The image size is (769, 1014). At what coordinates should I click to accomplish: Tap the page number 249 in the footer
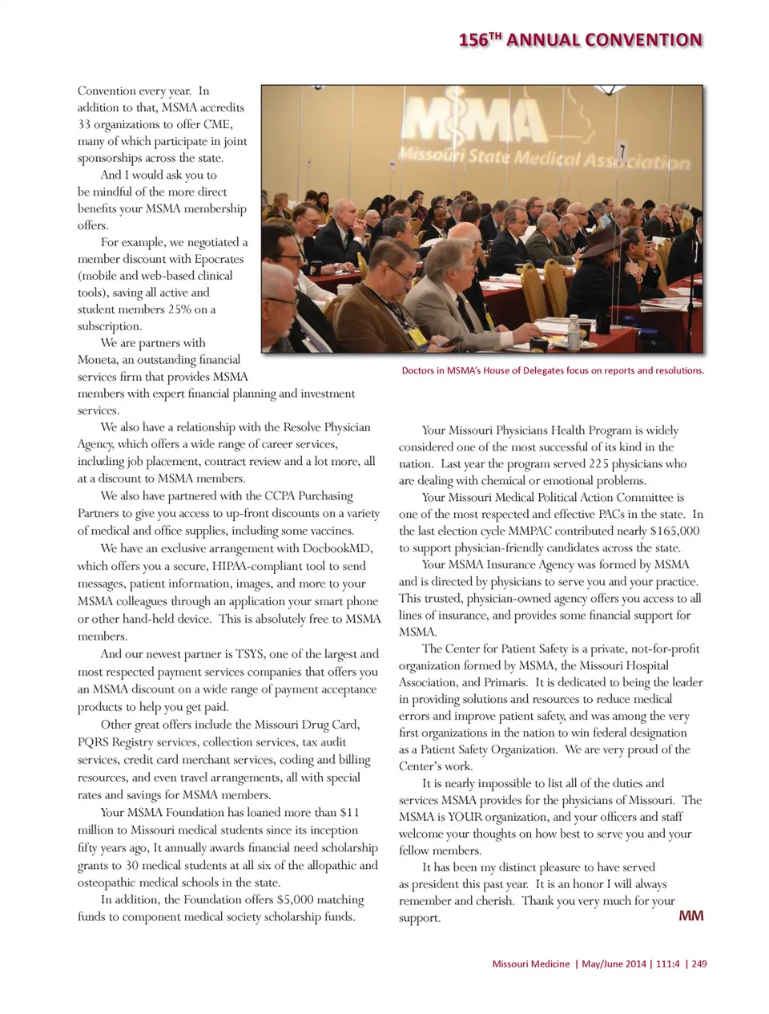699,964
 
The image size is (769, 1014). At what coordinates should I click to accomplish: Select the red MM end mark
690,915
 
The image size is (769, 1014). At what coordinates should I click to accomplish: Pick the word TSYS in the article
249,654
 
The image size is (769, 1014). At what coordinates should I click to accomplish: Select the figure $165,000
673,531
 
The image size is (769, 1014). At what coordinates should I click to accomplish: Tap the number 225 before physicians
600,463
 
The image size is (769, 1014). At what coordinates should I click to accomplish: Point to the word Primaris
505,682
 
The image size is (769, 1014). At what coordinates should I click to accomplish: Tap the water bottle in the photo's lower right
574,331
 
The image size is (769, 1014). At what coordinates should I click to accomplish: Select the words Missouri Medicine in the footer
530,964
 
